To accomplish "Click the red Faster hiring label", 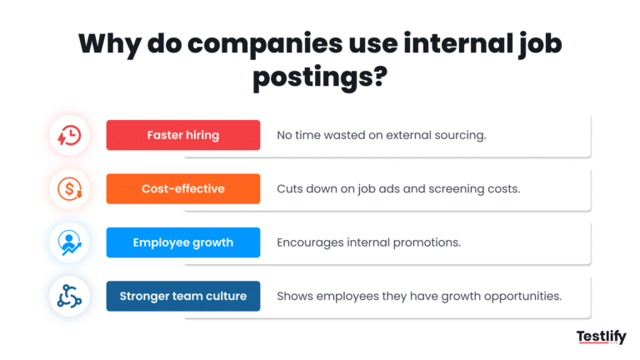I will [183, 135].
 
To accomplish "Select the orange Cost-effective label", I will [183, 189].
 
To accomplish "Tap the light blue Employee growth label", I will [183, 242].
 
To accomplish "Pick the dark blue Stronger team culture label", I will [183, 296].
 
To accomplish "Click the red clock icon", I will [69, 135].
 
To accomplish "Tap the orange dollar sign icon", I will [69, 189].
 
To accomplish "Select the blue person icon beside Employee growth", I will [69, 242].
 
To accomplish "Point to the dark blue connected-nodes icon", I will [69, 296].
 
